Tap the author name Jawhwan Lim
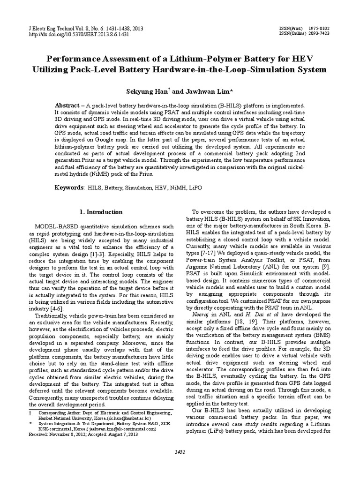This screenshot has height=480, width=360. [199, 91]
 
